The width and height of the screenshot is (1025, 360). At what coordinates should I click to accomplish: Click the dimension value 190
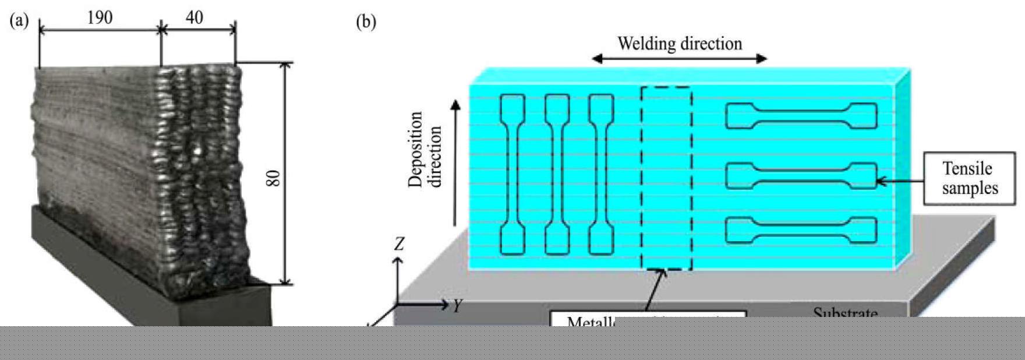point(100,18)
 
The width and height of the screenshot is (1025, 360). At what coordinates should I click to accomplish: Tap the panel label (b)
point(366,22)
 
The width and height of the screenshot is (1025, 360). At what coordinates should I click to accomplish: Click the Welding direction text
point(680,44)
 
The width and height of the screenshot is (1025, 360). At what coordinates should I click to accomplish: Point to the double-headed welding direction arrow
point(680,58)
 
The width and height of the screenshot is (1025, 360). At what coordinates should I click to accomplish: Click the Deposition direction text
point(425,150)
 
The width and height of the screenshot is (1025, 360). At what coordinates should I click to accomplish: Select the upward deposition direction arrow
point(456,163)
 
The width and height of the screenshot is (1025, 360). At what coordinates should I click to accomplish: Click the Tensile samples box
point(970,178)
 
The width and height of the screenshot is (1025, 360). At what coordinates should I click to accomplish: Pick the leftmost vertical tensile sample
point(512,175)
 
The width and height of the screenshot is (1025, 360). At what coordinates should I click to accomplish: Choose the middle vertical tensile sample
point(557,175)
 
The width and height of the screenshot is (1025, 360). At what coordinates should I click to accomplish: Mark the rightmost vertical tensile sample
point(601,175)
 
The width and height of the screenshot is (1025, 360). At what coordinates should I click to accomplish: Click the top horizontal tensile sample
point(801,116)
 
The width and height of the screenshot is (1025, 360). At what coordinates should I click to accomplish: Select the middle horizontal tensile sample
point(801,176)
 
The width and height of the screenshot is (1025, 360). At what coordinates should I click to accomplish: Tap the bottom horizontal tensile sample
point(801,230)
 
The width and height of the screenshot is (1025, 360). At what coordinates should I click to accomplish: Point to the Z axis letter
point(399,244)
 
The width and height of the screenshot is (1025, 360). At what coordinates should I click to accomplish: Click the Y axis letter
point(458,304)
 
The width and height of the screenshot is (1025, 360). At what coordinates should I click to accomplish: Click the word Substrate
point(845,313)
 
